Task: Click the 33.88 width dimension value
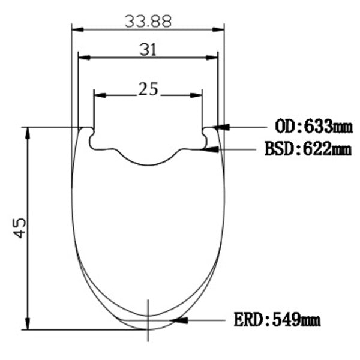pos(148,22)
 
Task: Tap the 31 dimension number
pos(148,50)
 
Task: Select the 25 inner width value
pos(148,89)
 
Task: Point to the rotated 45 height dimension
pos(20,228)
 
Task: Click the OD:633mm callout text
pos(314,126)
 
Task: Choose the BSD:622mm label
pos(308,149)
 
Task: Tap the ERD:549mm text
pos(277,320)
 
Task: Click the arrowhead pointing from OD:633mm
pos(221,127)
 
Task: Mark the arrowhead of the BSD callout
pos(211,149)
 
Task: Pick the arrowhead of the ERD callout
pos(179,320)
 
